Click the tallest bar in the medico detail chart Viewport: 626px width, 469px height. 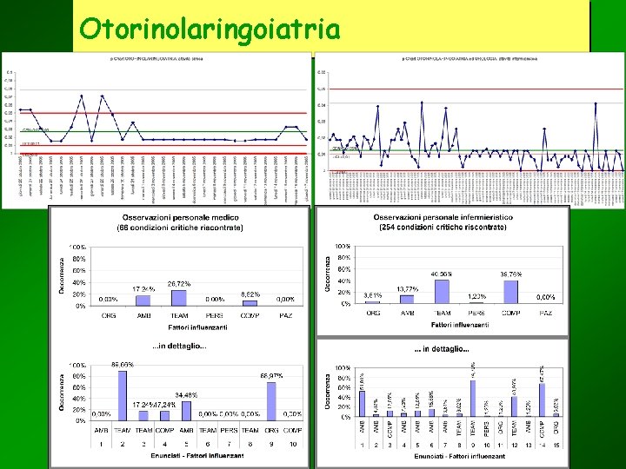pos(123,396)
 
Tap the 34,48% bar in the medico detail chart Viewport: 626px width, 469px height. pos(186,410)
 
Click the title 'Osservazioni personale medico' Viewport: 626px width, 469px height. pos(180,220)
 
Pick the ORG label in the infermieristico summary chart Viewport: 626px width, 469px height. pos(372,313)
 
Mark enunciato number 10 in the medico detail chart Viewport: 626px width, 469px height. pos(293,444)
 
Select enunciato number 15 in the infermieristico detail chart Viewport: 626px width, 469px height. pos(555,445)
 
